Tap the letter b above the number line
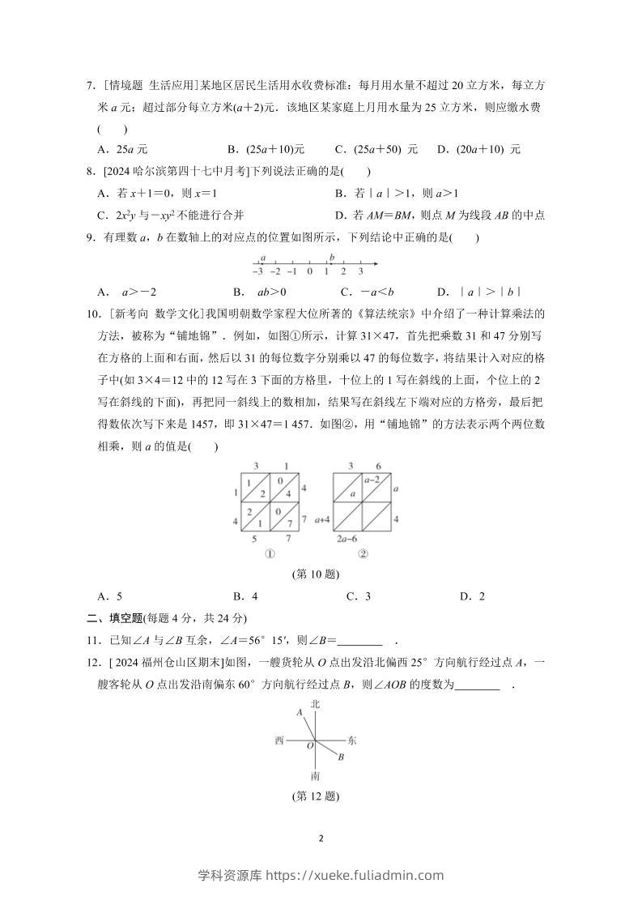332,257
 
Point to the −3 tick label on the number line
257,271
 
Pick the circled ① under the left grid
270,554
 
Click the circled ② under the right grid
363,554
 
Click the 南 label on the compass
315,775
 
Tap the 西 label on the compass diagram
280,740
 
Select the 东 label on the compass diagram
351,740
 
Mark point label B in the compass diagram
342,757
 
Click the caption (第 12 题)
315,796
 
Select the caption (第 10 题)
315,574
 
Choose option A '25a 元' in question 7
121,149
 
